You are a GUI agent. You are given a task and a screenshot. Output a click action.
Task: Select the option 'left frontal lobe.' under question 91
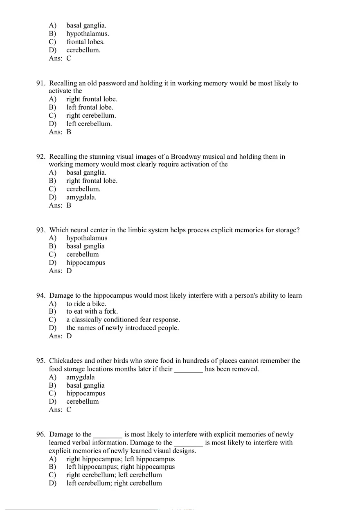90,107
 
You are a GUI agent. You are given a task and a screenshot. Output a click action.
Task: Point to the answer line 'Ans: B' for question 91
60,132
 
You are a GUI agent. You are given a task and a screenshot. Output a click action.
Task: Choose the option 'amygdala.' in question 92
81,197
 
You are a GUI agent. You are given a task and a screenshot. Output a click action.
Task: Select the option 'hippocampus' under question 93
85,263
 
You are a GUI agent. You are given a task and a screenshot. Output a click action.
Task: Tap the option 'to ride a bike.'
86,303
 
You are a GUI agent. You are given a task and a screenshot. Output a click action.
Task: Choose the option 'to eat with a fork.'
92,312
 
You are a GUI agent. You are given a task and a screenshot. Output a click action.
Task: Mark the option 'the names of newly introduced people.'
122,328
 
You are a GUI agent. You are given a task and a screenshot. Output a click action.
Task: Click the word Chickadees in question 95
66,361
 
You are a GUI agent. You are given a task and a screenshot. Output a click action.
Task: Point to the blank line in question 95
189,369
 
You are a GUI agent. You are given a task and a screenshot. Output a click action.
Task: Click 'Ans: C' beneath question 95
60,410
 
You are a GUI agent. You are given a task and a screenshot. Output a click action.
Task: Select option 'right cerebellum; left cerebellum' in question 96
114,475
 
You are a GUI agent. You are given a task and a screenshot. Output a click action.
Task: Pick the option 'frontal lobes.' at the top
85,42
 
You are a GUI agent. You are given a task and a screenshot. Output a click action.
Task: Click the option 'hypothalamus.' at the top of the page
88,34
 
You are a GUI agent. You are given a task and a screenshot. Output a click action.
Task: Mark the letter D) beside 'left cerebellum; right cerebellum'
52,483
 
